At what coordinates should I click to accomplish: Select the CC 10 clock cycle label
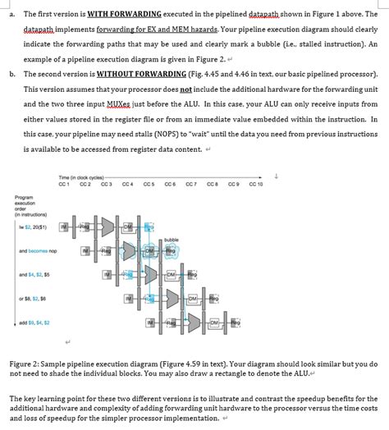[x=255, y=185]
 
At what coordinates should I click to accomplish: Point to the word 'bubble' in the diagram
[x=172, y=240]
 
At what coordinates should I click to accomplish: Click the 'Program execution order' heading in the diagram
[x=25, y=203]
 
